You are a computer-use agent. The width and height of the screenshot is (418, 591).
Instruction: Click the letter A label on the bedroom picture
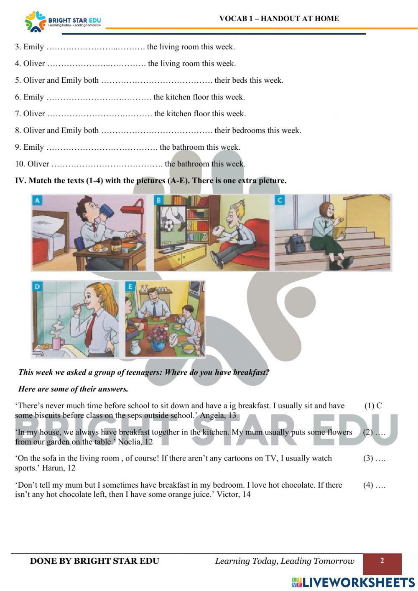click(37, 200)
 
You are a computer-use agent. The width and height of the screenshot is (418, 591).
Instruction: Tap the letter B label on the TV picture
click(158, 200)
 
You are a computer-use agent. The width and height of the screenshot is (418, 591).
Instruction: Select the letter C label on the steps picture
click(280, 200)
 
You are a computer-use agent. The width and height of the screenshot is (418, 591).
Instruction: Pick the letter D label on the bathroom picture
click(37, 287)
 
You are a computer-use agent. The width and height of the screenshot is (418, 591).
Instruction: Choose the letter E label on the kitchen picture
click(130, 287)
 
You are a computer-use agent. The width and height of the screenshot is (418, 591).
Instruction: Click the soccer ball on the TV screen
click(169, 226)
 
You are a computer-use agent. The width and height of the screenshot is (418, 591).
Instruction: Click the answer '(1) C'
click(373, 405)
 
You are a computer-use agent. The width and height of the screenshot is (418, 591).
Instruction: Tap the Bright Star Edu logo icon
click(35, 21)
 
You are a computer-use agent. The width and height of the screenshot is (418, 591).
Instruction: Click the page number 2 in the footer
click(382, 561)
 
